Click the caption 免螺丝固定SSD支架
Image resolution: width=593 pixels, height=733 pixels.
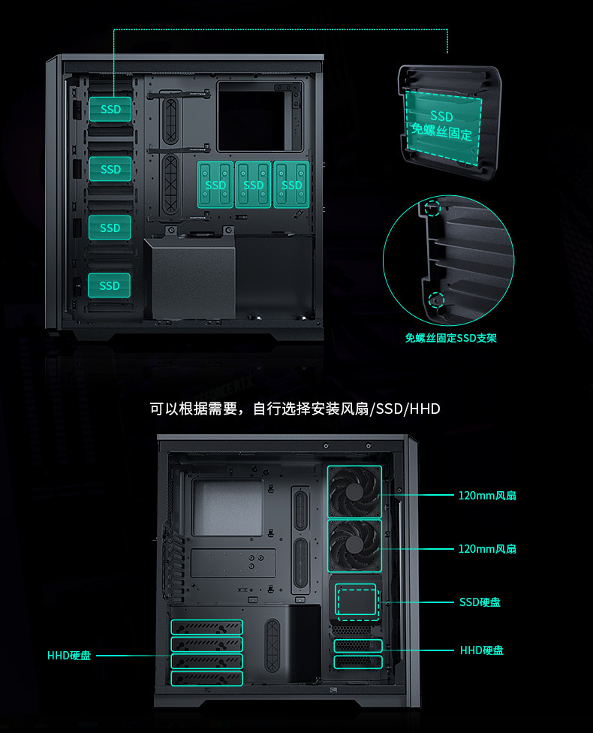click(x=450, y=338)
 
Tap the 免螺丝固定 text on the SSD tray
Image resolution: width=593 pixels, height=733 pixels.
click(x=441, y=134)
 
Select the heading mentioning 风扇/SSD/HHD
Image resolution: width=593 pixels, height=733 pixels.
click(x=295, y=409)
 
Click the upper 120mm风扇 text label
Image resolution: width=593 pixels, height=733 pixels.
click(x=487, y=496)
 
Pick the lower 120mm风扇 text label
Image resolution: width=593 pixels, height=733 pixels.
click(x=487, y=549)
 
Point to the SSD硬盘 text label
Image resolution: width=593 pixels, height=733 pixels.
click(x=480, y=602)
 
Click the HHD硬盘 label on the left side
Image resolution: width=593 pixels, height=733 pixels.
click(x=69, y=656)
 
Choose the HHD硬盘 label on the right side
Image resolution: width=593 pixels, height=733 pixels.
click(x=481, y=650)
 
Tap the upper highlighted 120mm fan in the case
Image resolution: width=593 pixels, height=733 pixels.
click(x=355, y=491)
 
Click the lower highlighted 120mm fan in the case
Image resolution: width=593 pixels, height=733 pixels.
click(x=355, y=546)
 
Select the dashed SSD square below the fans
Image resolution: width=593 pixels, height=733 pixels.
click(x=355, y=602)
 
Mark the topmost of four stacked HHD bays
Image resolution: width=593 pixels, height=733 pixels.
click(x=207, y=627)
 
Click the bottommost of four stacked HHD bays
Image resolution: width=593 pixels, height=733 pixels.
click(x=207, y=679)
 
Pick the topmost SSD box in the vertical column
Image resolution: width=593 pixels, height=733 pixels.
click(x=110, y=110)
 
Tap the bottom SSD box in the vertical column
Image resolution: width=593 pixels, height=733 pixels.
click(x=110, y=285)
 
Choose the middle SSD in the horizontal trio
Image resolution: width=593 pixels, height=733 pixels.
click(x=253, y=185)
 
